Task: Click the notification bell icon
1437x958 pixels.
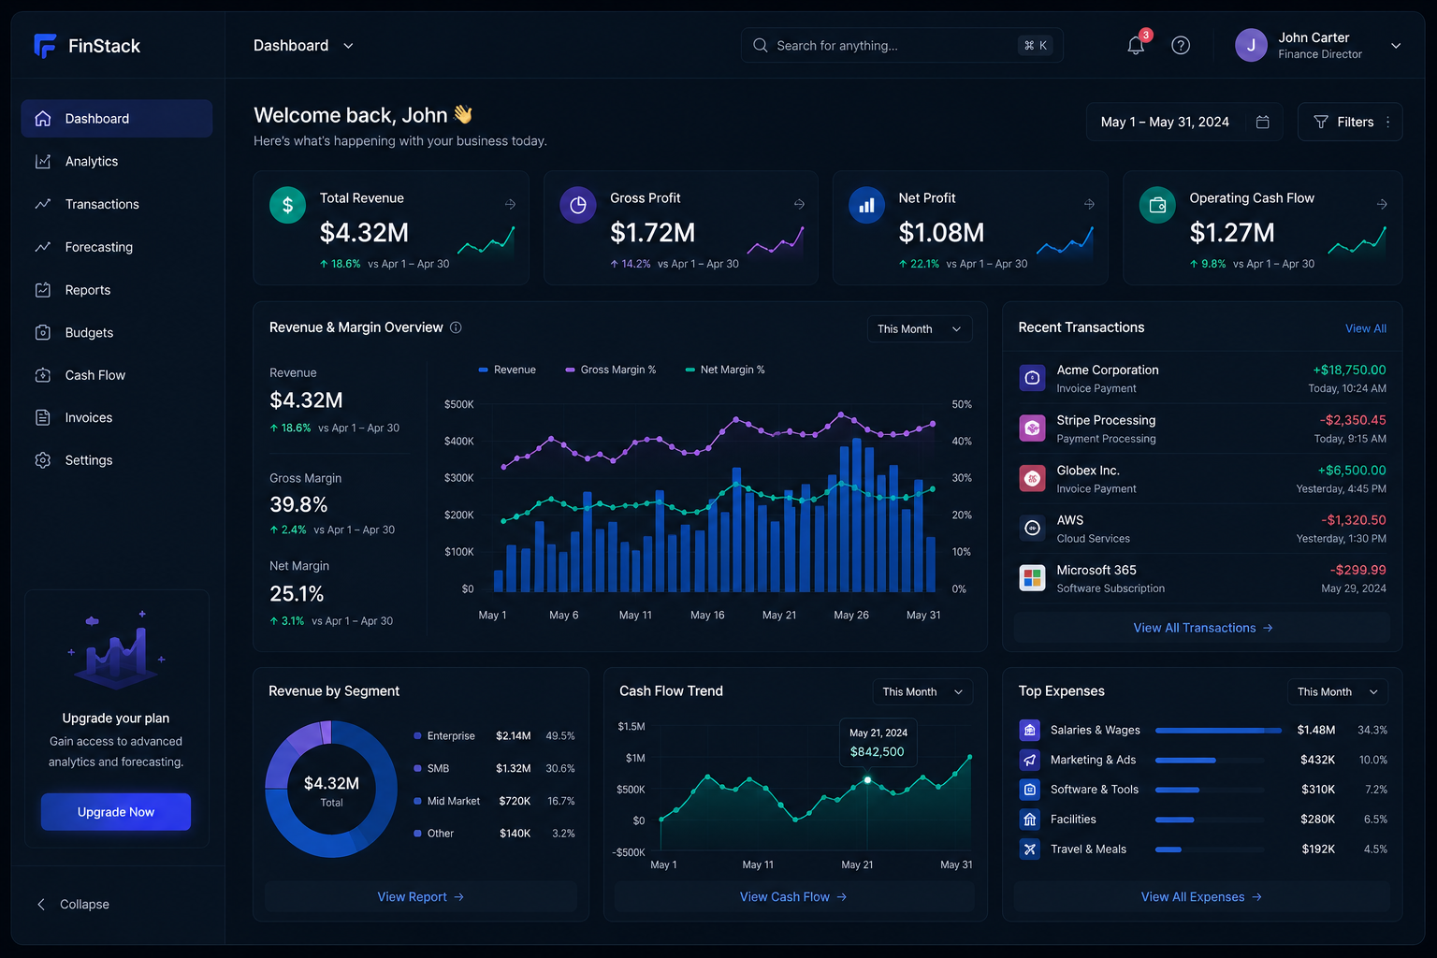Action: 1135,46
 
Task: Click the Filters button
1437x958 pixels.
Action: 1350,122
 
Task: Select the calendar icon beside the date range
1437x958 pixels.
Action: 1262,122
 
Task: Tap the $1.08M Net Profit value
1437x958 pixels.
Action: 940,232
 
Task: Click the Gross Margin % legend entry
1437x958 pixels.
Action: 610,370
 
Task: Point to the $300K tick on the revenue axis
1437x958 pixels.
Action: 458,478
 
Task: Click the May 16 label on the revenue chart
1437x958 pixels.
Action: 707,615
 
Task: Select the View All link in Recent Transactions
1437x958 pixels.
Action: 1365,328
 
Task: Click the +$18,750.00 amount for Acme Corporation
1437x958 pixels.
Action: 1348,370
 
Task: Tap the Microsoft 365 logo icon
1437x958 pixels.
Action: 1032,578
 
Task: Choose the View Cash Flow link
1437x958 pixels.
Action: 793,896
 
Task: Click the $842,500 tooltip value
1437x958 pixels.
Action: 877,751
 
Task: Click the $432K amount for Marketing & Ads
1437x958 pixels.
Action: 1317,760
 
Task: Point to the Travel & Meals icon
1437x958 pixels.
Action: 1029,849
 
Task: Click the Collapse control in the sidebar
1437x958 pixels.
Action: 72,904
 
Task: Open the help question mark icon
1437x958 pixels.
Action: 1180,46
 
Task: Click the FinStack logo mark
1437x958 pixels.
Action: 45,46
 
